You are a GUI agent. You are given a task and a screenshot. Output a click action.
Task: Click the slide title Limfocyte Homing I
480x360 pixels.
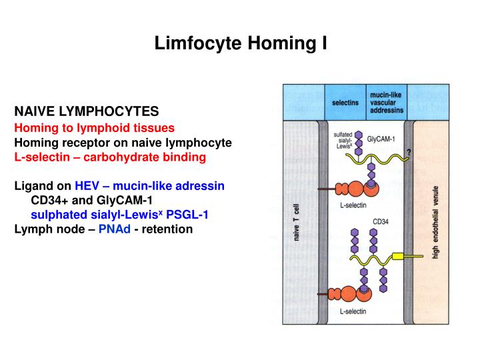point(241,45)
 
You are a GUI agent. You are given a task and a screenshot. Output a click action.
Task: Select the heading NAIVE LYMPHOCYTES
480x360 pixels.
point(86,110)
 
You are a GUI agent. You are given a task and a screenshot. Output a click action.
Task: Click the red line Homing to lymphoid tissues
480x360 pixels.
point(95,127)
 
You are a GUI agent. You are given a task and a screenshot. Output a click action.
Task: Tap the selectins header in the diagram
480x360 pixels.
point(345,103)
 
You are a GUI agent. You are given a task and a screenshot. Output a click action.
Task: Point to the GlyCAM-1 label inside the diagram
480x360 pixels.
point(382,141)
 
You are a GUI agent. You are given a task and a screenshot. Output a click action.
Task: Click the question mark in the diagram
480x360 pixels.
point(408,153)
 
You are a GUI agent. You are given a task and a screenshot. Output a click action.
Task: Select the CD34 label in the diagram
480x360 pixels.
point(381,221)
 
